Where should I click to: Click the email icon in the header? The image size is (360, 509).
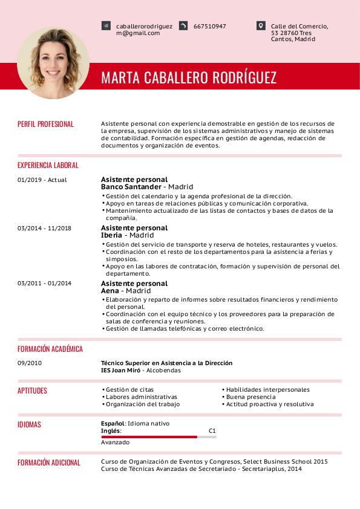(x=106, y=26)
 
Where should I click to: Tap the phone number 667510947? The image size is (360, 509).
(x=209, y=27)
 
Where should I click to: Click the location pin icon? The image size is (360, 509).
(x=261, y=26)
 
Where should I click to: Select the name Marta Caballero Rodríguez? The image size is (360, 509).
(x=189, y=78)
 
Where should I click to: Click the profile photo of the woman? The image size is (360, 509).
(x=53, y=63)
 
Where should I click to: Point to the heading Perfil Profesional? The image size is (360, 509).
(x=45, y=124)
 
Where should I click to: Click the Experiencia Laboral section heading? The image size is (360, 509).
(x=48, y=165)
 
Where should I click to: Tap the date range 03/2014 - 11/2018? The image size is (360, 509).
(x=45, y=228)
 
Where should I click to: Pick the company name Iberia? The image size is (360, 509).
(x=112, y=235)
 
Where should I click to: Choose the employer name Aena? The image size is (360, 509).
(x=110, y=291)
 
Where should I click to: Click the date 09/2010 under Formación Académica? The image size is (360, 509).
(x=30, y=363)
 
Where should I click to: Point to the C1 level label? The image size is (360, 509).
(x=212, y=431)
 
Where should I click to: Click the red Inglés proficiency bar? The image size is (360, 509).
(x=149, y=436)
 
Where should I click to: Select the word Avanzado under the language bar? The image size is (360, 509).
(x=115, y=443)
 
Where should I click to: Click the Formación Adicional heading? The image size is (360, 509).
(x=48, y=462)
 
